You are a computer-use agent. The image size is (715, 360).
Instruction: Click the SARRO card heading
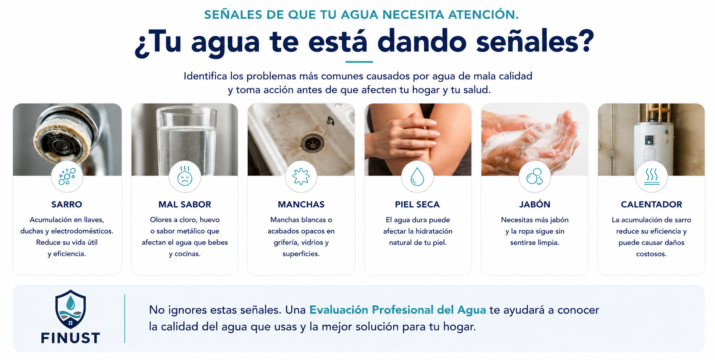(67, 204)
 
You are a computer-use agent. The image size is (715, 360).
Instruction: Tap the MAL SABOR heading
(185, 204)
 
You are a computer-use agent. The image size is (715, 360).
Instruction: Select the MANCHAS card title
(301, 204)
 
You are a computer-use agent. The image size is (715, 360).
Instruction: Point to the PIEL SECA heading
(417, 204)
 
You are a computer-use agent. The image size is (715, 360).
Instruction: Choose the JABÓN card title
(535, 204)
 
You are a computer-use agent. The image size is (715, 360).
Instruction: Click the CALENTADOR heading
(651, 204)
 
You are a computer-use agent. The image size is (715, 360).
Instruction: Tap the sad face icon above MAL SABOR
(185, 176)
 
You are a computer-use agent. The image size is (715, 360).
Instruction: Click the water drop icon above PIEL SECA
(417, 177)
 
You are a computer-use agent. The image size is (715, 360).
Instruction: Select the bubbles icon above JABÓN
(535, 177)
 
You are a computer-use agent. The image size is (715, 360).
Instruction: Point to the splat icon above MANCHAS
(301, 177)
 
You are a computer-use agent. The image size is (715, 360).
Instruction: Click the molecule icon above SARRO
(67, 177)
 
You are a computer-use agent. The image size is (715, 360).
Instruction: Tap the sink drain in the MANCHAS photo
(313, 144)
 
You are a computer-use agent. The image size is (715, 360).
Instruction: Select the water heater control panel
(649, 140)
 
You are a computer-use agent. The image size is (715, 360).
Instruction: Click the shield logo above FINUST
(70, 309)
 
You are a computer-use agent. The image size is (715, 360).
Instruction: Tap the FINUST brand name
(70, 338)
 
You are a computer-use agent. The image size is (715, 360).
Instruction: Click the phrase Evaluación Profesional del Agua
(398, 310)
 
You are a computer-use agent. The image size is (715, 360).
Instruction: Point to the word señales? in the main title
(535, 42)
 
